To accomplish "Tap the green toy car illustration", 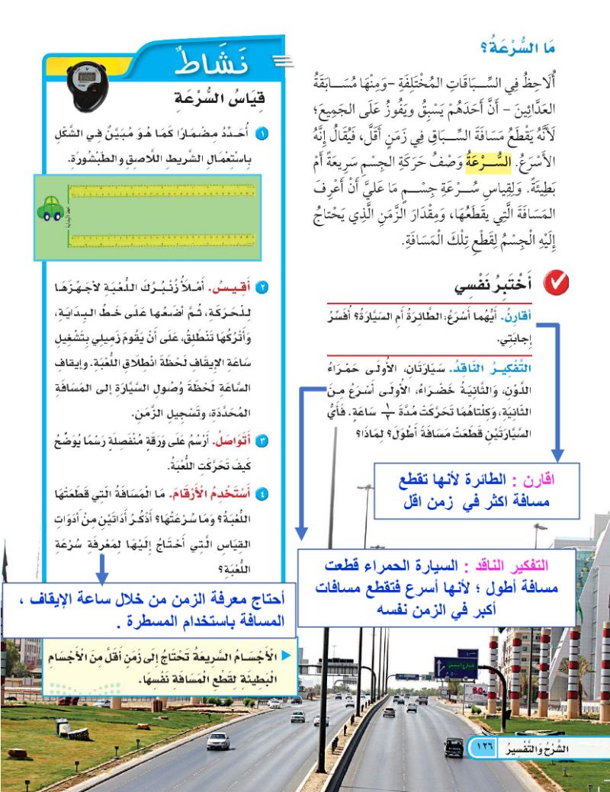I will point(50,208).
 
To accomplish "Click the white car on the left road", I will point(218,739).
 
